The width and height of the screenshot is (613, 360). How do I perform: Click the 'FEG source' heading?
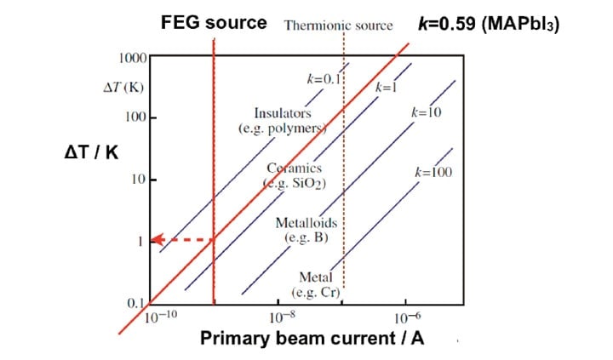click(x=214, y=22)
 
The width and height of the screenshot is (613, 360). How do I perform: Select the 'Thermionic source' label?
click(x=338, y=25)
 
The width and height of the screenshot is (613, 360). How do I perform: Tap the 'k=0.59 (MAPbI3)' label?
click(x=489, y=23)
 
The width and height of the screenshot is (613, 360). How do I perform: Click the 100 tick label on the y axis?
click(x=136, y=116)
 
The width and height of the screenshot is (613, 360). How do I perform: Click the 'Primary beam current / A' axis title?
click(x=312, y=339)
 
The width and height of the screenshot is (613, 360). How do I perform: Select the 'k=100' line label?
click(x=433, y=172)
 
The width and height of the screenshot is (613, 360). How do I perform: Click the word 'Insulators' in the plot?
click(x=283, y=113)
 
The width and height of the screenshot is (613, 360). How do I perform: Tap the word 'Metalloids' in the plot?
click(x=306, y=223)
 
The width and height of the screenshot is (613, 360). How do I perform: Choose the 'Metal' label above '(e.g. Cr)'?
click(x=315, y=277)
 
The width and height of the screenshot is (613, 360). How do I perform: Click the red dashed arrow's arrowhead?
click(x=158, y=241)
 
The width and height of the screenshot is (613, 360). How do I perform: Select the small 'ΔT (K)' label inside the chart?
click(x=120, y=87)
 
